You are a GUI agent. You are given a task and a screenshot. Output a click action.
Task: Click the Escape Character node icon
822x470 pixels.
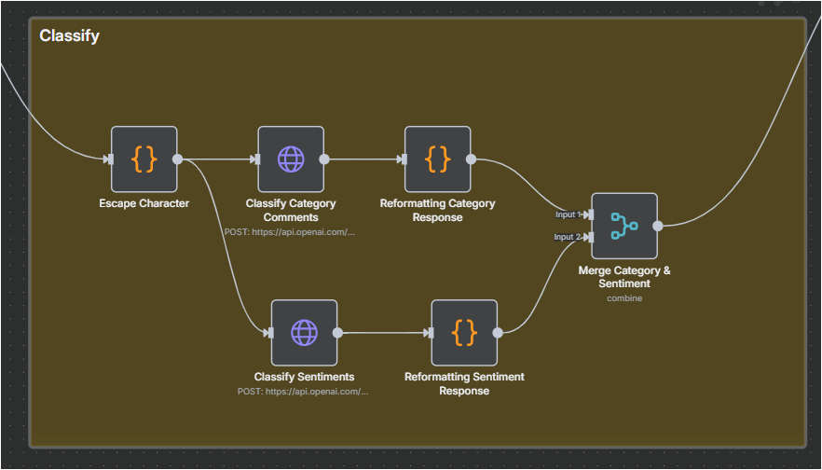tap(144, 159)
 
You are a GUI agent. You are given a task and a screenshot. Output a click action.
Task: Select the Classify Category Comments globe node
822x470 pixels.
tap(291, 159)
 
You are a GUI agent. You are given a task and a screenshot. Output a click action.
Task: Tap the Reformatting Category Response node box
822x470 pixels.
tap(438, 159)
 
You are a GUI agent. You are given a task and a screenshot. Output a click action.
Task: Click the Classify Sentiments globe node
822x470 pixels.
tap(304, 333)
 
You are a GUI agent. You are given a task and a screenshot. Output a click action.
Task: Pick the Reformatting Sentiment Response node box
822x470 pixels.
tap(464, 333)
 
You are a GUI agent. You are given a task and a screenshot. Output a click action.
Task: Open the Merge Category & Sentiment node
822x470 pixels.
tap(624, 226)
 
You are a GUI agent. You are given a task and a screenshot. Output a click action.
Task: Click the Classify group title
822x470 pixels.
tap(69, 35)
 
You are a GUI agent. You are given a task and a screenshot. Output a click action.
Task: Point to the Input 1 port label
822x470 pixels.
tap(569, 214)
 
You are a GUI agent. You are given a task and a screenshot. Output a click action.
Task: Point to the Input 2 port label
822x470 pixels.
tap(568, 237)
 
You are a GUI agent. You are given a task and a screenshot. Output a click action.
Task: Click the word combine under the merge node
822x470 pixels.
tap(624, 298)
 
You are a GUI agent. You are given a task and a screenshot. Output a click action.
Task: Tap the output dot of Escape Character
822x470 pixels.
tap(178, 159)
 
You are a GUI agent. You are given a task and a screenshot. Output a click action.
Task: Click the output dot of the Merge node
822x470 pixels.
tap(658, 226)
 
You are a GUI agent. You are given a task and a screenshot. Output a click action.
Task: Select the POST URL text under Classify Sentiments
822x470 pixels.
tap(303, 392)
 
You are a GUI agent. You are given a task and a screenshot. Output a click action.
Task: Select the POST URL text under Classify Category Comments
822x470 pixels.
tap(290, 232)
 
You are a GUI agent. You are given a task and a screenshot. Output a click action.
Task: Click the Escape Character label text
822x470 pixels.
tap(144, 203)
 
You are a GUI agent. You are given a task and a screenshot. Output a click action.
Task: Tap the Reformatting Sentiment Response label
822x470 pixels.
tap(464, 383)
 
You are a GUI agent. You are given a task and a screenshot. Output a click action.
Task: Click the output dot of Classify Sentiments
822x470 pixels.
tap(337, 333)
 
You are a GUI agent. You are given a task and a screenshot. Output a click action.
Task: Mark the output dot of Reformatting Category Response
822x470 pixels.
tap(472, 159)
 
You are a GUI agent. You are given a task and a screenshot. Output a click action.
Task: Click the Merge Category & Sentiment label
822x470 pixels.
tap(624, 277)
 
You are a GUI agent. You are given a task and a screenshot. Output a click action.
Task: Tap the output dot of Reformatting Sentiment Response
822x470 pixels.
tap(498, 333)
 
